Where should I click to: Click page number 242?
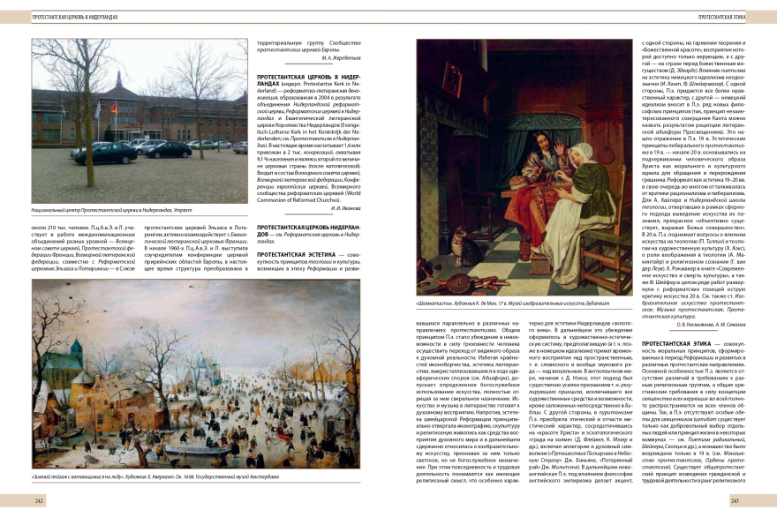[x=40, y=500]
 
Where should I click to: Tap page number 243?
[x=736, y=500]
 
